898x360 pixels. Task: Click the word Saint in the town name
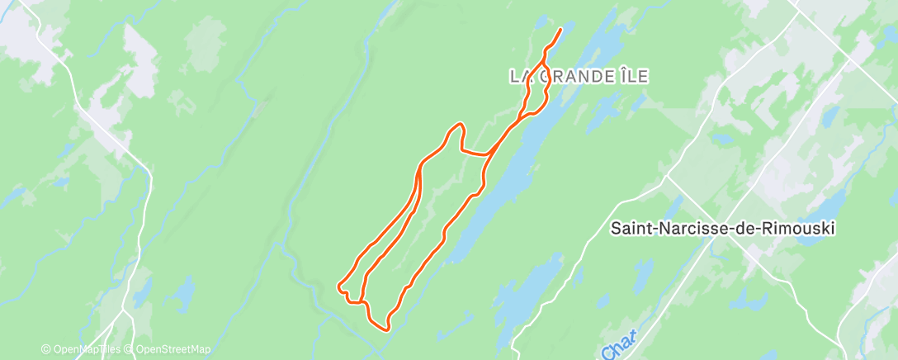point(628,228)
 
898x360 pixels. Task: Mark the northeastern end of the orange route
point(561,30)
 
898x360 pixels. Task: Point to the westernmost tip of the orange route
point(338,287)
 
